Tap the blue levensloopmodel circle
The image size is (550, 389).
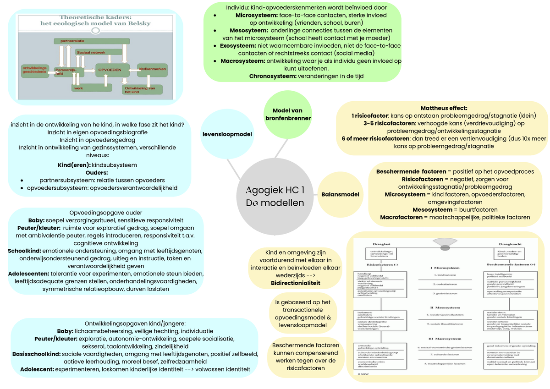(x=227, y=134)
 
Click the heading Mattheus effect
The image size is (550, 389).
(x=444, y=108)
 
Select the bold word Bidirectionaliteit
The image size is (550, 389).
(x=296, y=283)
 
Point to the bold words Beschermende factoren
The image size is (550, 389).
(x=404, y=171)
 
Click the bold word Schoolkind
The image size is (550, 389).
(x=24, y=251)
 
